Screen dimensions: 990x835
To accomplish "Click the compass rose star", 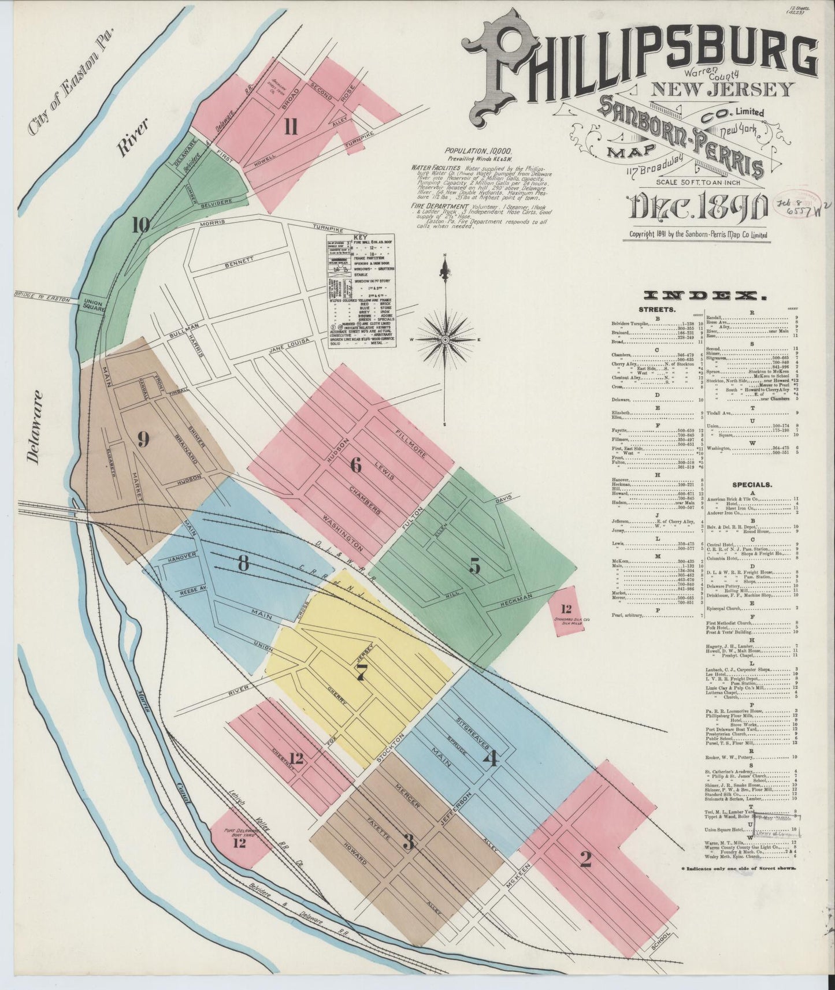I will point(446,340).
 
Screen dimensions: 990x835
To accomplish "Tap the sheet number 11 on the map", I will point(291,126).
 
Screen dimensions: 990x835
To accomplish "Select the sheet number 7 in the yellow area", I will point(362,672).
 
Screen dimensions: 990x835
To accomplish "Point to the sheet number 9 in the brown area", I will point(143,440).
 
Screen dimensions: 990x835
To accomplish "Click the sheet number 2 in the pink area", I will point(585,861).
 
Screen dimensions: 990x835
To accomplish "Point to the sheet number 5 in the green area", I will point(474,566).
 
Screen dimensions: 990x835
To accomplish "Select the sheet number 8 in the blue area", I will point(243,562).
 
